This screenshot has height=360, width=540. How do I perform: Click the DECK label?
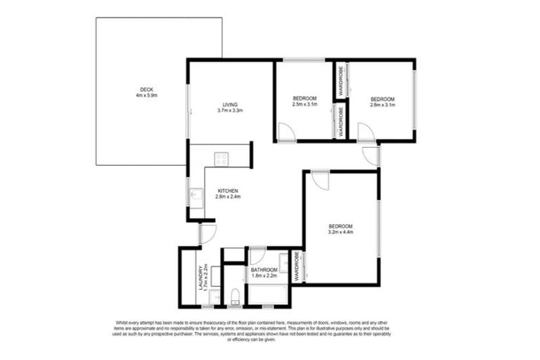147,89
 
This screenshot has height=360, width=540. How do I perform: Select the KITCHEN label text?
228,191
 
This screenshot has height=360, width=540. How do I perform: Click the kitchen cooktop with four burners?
221,159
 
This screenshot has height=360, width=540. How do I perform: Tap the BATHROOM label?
265,270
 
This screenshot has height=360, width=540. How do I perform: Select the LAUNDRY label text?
200,276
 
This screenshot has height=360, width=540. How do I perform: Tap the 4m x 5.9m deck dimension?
147,96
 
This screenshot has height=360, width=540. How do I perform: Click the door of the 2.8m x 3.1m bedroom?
366,132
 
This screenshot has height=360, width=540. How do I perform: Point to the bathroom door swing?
258,256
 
